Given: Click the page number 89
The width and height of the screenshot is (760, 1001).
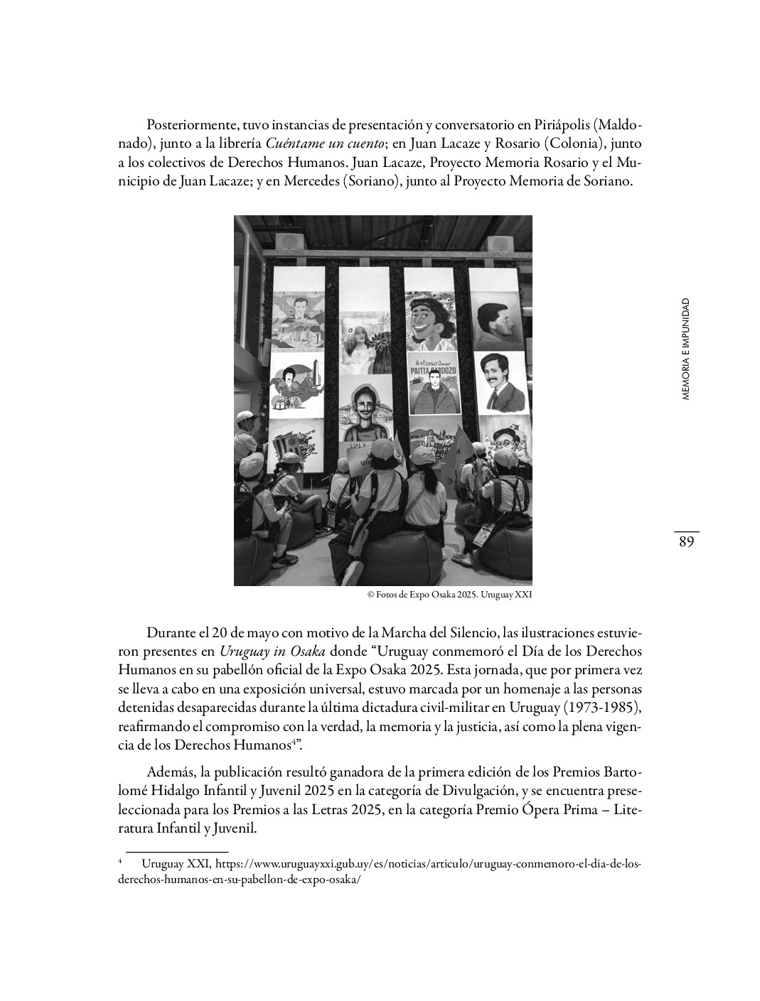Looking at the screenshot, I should pyautogui.click(x=686, y=542).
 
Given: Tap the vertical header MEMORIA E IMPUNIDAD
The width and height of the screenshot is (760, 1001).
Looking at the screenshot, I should pyautogui.click(x=685, y=349).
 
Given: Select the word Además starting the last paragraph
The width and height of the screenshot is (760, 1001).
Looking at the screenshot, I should pyautogui.click(x=170, y=772).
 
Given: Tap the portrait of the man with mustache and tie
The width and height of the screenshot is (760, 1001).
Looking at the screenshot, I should pyautogui.click(x=496, y=382).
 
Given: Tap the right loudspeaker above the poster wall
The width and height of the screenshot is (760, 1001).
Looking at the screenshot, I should pyautogui.click(x=501, y=242).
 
